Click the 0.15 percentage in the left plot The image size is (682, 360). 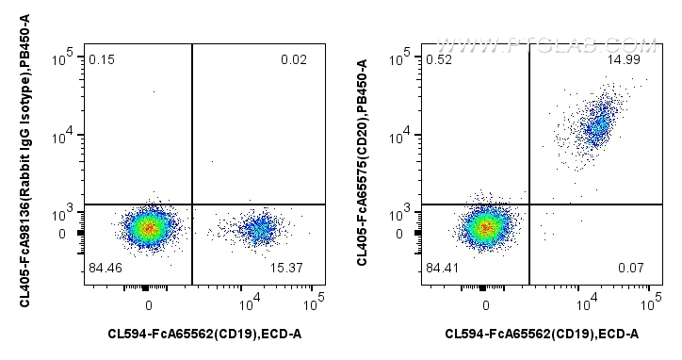(x=102, y=61)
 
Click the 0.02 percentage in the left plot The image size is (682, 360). (x=293, y=61)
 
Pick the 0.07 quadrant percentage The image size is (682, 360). (x=630, y=269)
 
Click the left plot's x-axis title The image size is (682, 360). (x=204, y=333)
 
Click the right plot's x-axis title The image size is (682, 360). (x=542, y=333)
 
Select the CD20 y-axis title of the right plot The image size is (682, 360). (x=363, y=161)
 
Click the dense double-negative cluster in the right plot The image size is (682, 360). (x=485, y=227)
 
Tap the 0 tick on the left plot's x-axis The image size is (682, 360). (x=149, y=304)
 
